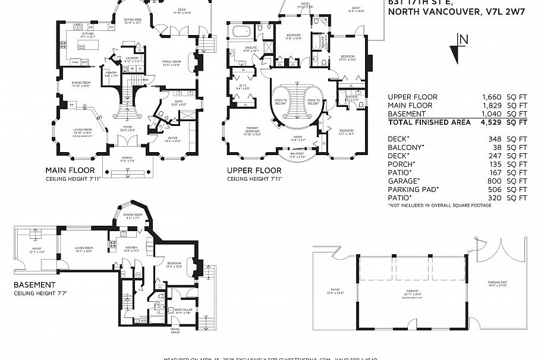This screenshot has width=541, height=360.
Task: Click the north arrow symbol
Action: pyautogui.click(x=457, y=49)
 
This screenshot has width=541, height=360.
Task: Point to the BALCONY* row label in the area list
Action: pyautogui.click(x=405, y=147)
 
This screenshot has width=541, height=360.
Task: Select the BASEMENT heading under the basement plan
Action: pyautogui.click(x=34, y=285)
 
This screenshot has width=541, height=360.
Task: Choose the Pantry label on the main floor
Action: pyautogui.click(x=111, y=73)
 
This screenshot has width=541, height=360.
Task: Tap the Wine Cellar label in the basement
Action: pyautogui.click(x=183, y=310)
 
